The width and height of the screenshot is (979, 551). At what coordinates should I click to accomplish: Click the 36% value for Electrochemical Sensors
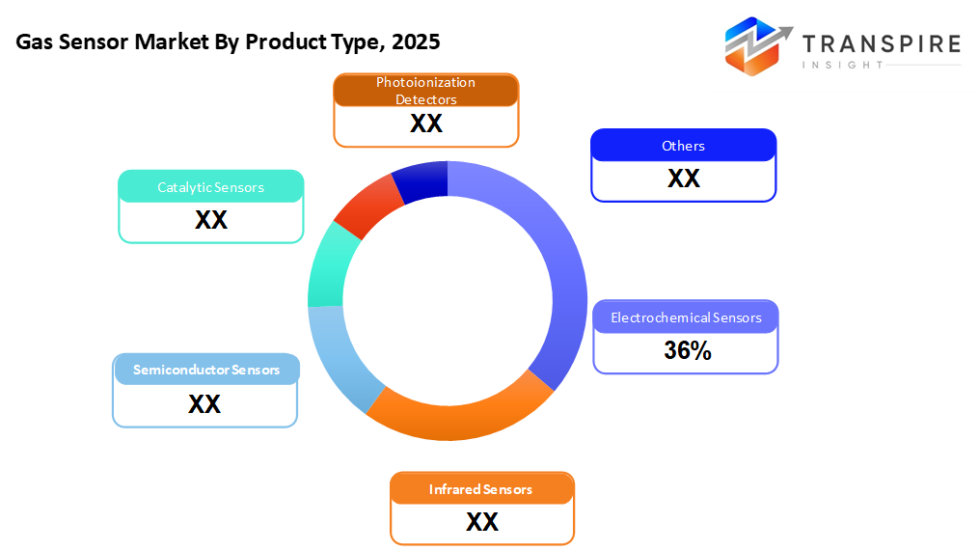pyautogui.click(x=687, y=351)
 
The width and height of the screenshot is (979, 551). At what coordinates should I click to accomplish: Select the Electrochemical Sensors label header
pyautogui.click(x=686, y=317)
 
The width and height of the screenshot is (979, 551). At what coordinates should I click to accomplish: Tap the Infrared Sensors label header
pyautogui.click(x=481, y=489)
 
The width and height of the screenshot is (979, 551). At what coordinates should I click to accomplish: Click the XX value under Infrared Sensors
pyautogui.click(x=481, y=522)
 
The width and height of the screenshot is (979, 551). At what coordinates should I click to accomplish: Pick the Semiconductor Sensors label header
pyautogui.click(x=206, y=370)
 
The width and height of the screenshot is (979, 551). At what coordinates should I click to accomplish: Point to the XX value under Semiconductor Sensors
pyautogui.click(x=204, y=403)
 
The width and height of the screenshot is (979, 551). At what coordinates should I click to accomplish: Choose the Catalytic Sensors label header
pyautogui.click(x=211, y=187)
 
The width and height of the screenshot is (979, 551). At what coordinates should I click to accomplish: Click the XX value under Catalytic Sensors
pyautogui.click(x=211, y=220)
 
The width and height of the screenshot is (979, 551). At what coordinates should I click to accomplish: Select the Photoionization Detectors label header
pyautogui.click(x=426, y=91)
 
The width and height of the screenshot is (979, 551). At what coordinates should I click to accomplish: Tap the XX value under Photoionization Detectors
pyautogui.click(x=426, y=124)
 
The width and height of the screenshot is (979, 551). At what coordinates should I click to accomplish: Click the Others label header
pyautogui.click(x=683, y=146)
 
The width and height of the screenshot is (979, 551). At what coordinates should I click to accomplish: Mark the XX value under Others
pyautogui.click(x=683, y=179)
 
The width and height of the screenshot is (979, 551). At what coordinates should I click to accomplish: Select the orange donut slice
pyautogui.click(x=453, y=414)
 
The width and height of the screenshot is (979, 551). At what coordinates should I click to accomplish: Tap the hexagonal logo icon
pyautogui.click(x=757, y=45)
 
